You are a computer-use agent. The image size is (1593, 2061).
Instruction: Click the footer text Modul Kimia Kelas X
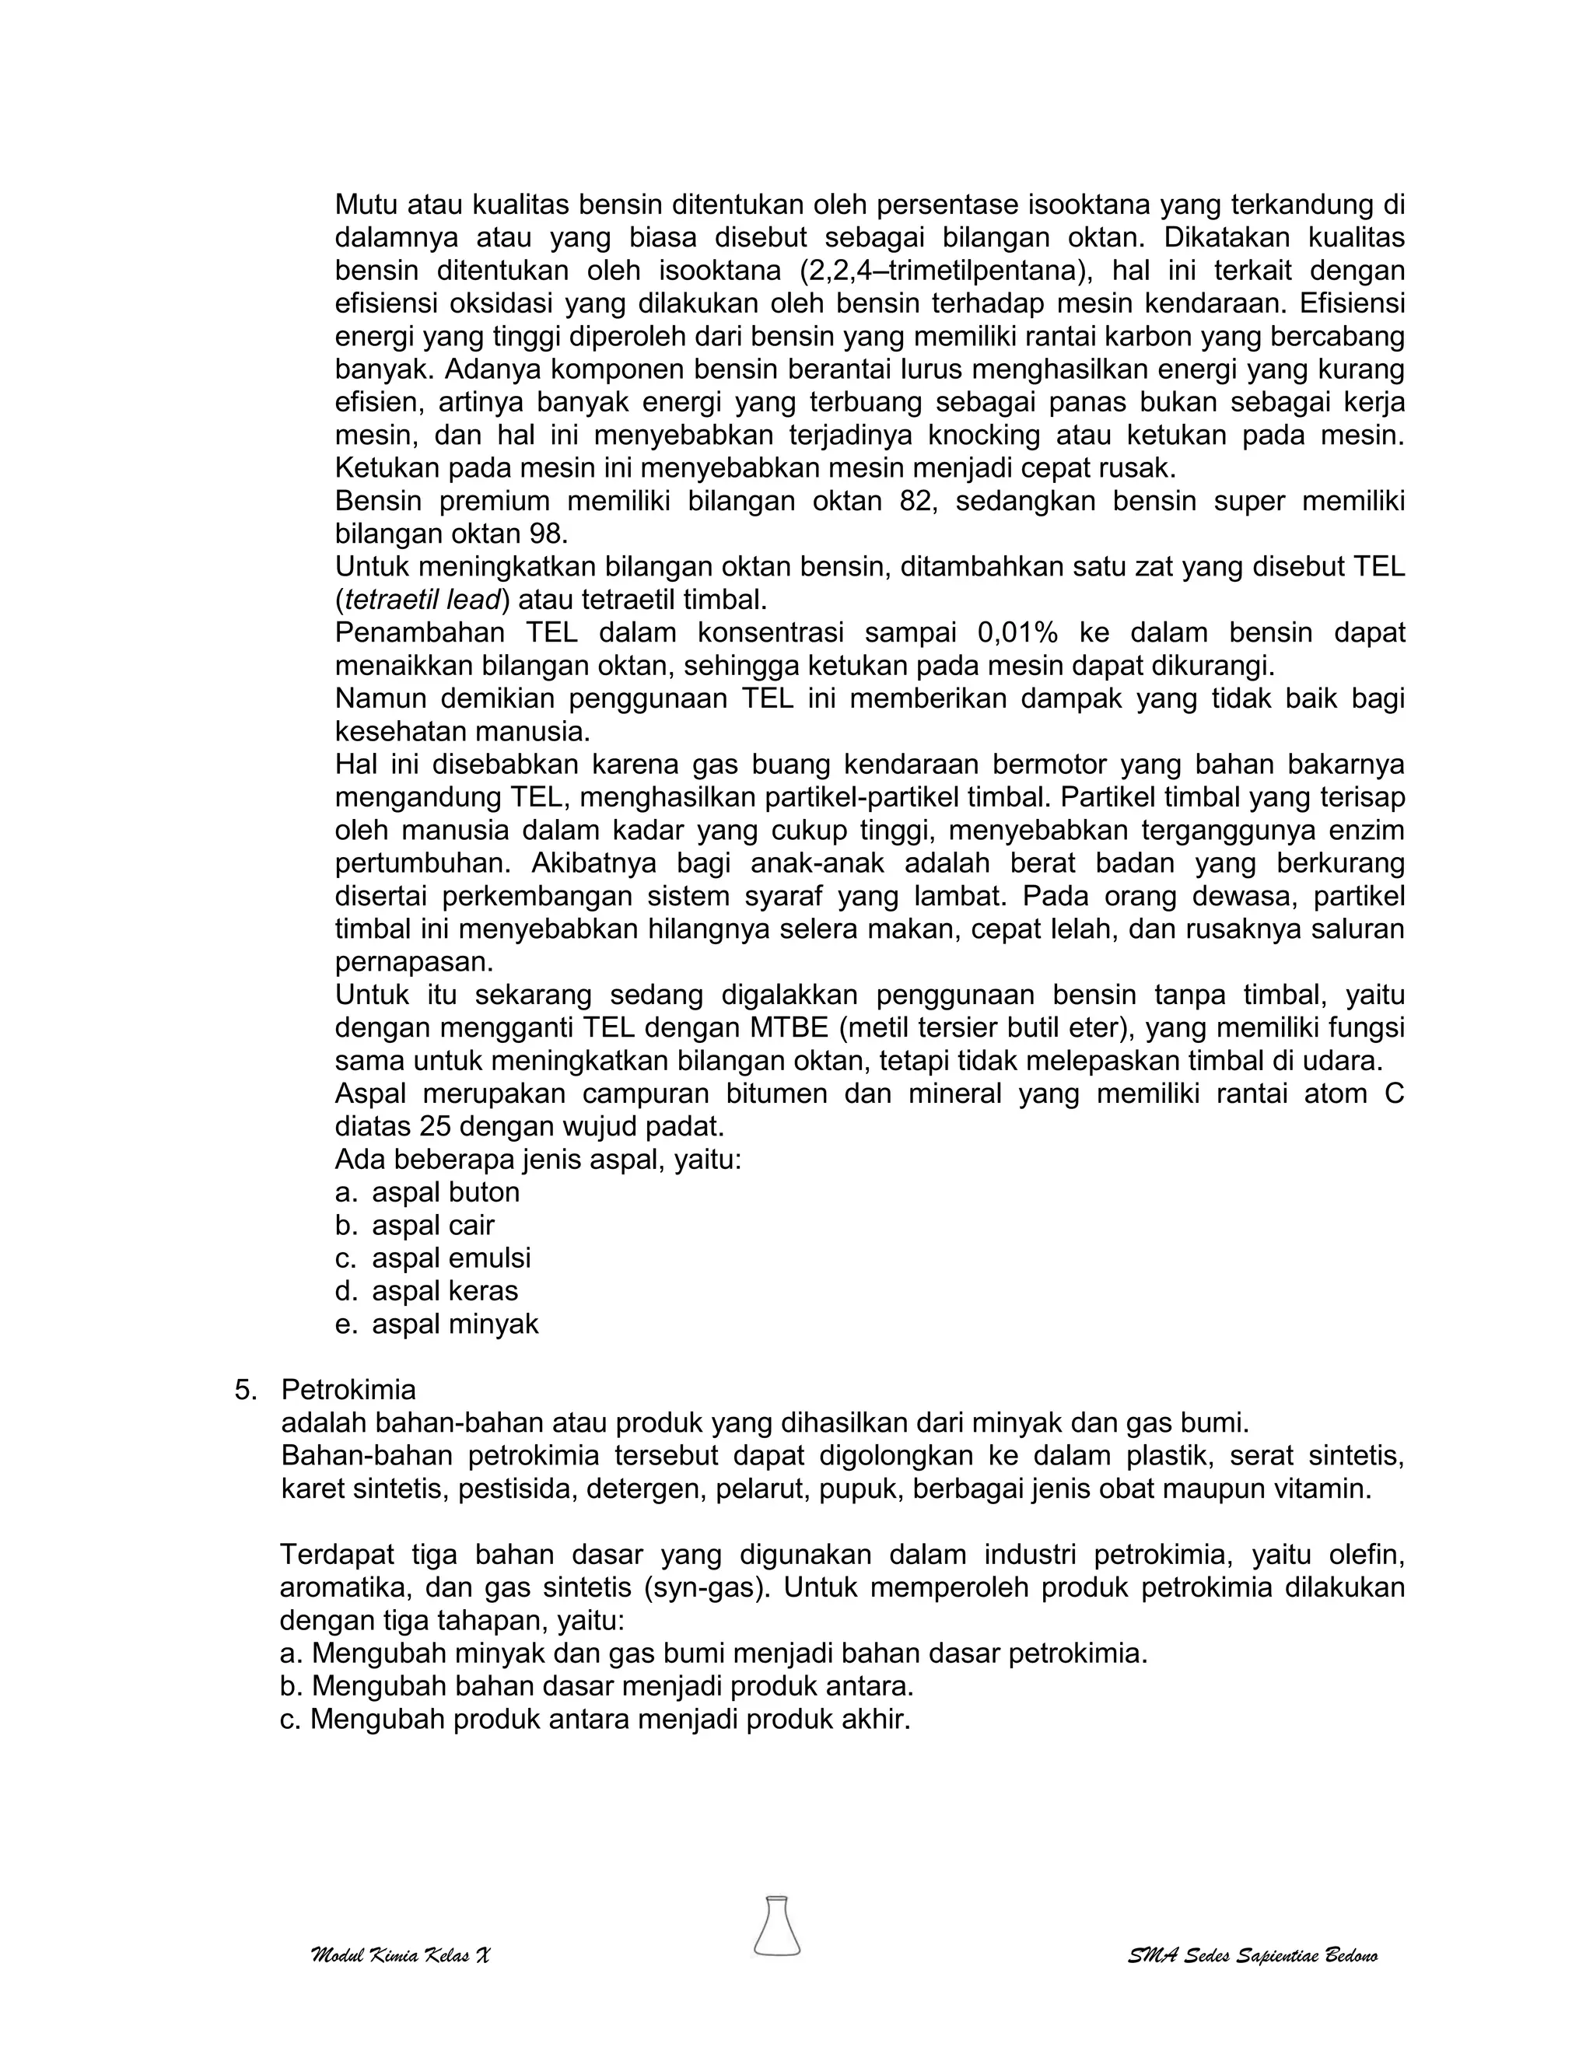(x=400, y=1955)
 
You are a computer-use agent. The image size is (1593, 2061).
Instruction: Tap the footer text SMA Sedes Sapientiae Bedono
(x=1252, y=1955)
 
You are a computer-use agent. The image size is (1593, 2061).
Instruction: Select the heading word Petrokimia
(x=348, y=1390)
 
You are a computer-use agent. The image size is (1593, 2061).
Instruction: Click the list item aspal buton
(x=446, y=1193)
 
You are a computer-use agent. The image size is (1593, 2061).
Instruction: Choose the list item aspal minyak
(x=455, y=1324)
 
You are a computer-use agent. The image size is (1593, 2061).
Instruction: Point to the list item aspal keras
(x=444, y=1291)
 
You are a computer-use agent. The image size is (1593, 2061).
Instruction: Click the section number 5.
(x=244, y=1390)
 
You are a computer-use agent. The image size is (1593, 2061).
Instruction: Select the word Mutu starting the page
(x=368, y=205)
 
